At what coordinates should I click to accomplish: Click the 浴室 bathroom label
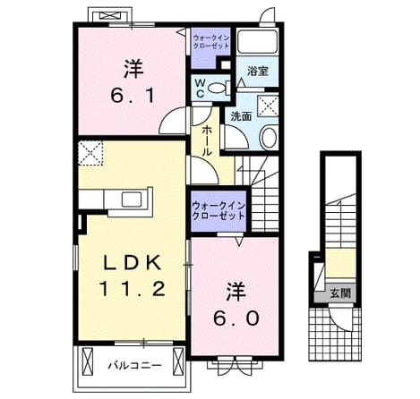pyautogui.click(x=258, y=71)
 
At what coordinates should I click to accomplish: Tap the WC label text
pyautogui.click(x=200, y=89)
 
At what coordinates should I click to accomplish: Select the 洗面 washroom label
pyautogui.click(x=241, y=116)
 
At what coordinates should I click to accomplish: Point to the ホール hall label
pyautogui.click(x=207, y=140)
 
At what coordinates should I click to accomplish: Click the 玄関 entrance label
pyautogui.click(x=340, y=293)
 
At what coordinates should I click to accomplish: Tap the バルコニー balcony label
pyautogui.click(x=134, y=365)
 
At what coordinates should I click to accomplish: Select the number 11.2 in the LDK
pyautogui.click(x=132, y=289)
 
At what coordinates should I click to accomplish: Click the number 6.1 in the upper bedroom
pyautogui.click(x=133, y=96)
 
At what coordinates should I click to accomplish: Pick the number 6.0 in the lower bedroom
pyautogui.click(x=236, y=318)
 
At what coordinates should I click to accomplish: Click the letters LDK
pyautogui.click(x=133, y=263)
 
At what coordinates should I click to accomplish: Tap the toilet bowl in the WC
pyautogui.click(x=216, y=88)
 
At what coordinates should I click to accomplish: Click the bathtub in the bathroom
pyautogui.click(x=258, y=41)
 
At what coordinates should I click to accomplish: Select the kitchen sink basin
pyautogui.click(x=132, y=199)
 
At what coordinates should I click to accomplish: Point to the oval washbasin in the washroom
pyautogui.click(x=269, y=138)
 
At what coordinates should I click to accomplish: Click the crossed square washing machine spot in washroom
pyautogui.click(x=268, y=106)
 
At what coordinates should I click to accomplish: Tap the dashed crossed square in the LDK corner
pyautogui.click(x=90, y=153)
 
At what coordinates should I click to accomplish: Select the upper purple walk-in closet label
pyautogui.click(x=211, y=42)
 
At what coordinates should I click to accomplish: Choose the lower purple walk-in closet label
pyautogui.click(x=219, y=210)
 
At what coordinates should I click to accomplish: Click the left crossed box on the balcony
pyautogui.click(x=87, y=362)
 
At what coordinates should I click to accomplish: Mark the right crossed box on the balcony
pyautogui.click(x=178, y=362)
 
